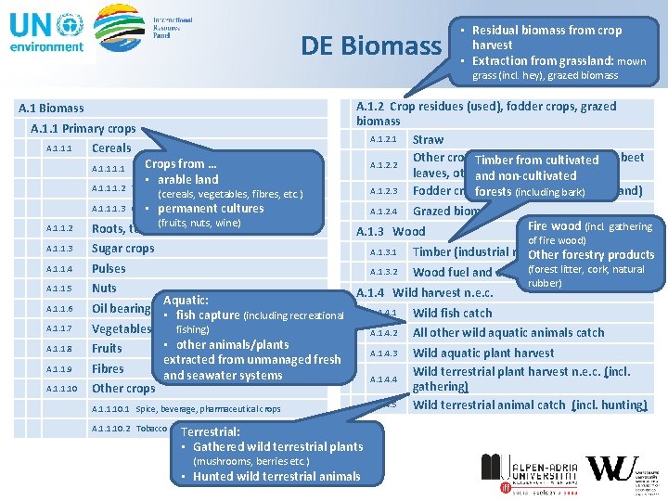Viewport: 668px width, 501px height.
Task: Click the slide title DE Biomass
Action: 370,45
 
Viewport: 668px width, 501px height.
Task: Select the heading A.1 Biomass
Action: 51,109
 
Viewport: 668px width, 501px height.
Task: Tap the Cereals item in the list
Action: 111,148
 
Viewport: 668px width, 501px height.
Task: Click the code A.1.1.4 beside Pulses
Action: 58,269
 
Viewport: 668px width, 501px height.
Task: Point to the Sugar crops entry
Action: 122,249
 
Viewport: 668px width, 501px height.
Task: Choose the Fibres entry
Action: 108,368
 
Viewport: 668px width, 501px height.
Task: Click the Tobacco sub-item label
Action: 151,428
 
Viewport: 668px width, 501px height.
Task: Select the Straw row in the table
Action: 428,139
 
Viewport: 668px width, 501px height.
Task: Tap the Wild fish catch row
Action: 452,313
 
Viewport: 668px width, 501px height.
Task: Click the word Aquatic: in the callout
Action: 186,301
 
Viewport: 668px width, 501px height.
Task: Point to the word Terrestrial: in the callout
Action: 211,431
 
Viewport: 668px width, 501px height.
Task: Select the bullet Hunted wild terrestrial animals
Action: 276,476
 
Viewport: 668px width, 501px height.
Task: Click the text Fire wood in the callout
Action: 554,225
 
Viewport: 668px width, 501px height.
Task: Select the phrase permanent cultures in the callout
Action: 211,208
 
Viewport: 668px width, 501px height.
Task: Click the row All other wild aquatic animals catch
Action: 507,332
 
